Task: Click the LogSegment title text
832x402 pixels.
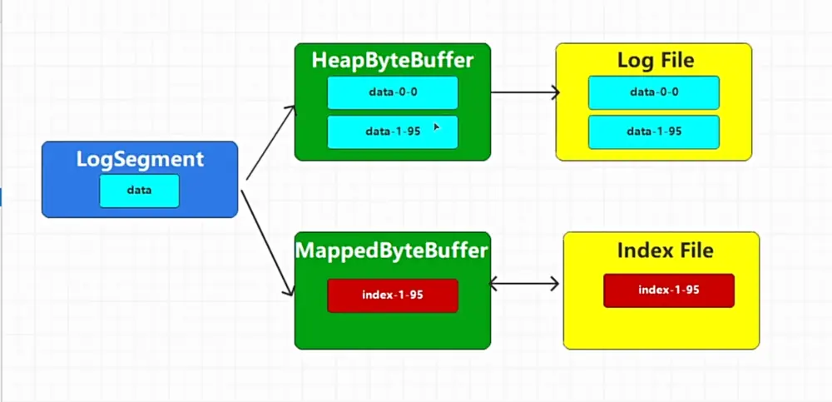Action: pyautogui.click(x=140, y=159)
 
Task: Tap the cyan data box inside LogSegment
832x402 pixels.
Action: pyautogui.click(x=140, y=191)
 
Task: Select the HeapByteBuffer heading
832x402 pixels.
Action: pyautogui.click(x=392, y=61)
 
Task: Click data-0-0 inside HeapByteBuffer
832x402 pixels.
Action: pyautogui.click(x=393, y=92)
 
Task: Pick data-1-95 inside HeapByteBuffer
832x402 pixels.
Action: pyautogui.click(x=393, y=132)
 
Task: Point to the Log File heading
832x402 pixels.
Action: pyautogui.click(x=656, y=61)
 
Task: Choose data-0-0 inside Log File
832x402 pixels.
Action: pyautogui.click(x=654, y=92)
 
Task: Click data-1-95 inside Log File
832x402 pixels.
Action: pyautogui.click(x=654, y=132)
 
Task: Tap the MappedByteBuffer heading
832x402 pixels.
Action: pyautogui.click(x=392, y=251)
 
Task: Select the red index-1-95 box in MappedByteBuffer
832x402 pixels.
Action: pyautogui.click(x=393, y=295)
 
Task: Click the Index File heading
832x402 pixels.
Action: pyautogui.click(x=665, y=251)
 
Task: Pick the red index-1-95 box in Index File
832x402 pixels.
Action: pyautogui.click(x=669, y=290)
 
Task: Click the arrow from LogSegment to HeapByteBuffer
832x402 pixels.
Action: pyautogui.click(x=270, y=142)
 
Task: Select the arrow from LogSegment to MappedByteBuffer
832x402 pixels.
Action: pyautogui.click(x=267, y=243)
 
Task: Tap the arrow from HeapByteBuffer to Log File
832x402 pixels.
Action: pyautogui.click(x=525, y=92)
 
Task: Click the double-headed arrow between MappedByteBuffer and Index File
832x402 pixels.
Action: pyautogui.click(x=523, y=284)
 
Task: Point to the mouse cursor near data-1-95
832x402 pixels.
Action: pyautogui.click(x=436, y=127)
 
